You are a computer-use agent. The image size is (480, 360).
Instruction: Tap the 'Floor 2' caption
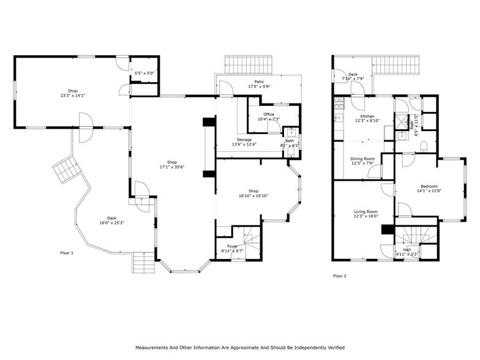tap(340, 276)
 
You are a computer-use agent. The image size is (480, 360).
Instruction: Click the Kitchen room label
tap(367, 116)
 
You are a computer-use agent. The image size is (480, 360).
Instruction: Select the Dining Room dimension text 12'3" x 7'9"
tap(362, 163)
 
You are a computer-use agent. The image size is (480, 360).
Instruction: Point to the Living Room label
tap(366, 211)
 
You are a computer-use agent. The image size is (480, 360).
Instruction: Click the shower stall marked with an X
tap(402, 120)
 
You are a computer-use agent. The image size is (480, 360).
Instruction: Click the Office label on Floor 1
tap(269, 114)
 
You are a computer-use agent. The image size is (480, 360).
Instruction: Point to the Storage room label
tap(244, 140)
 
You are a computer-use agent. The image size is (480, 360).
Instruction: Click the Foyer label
tap(232, 246)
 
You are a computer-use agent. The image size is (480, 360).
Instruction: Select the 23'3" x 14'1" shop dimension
tap(73, 96)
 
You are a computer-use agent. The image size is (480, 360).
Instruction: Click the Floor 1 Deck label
tap(111, 218)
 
